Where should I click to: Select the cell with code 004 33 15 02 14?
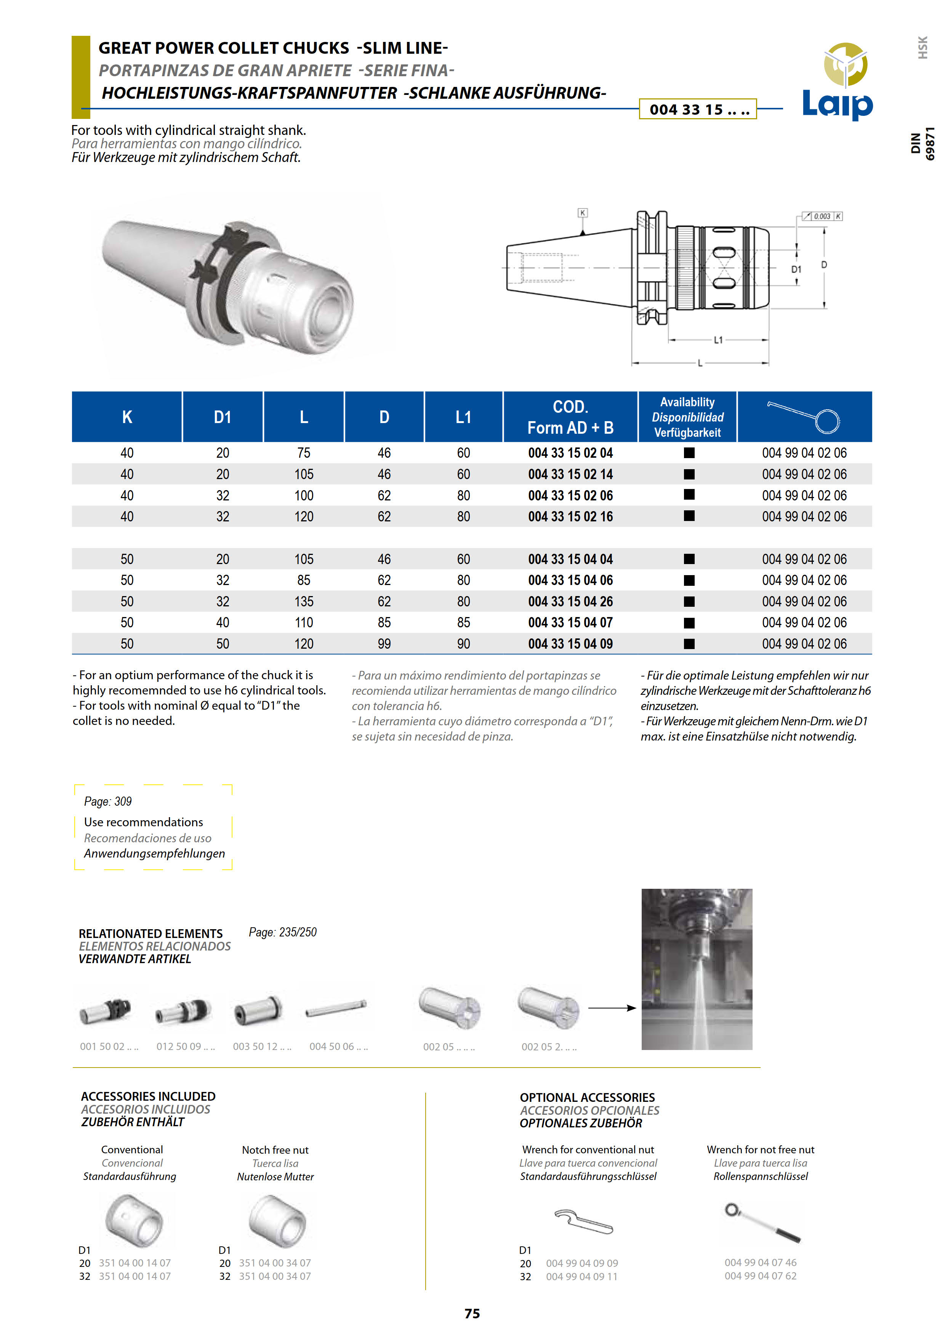pyautogui.click(x=570, y=475)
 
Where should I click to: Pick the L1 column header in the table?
pyautogui.click(x=463, y=417)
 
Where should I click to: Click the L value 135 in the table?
pyautogui.click(x=303, y=601)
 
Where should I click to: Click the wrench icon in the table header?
pyautogui.click(x=804, y=417)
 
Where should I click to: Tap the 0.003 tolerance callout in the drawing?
pyautogui.click(x=822, y=216)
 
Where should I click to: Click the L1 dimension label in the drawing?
pyautogui.click(x=718, y=340)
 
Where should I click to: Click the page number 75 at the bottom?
pyautogui.click(x=472, y=1313)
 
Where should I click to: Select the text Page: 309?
pyautogui.click(x=108, y=801)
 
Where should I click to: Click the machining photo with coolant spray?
pyautogui.click(x=697, y=969)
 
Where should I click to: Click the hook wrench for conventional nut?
pyautogui.click(x=583, y=1221)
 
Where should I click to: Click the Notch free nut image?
pyautogui.click(x=277, y=1220)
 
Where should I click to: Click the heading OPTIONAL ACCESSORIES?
pyautogui.click(x=587, y=1097)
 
